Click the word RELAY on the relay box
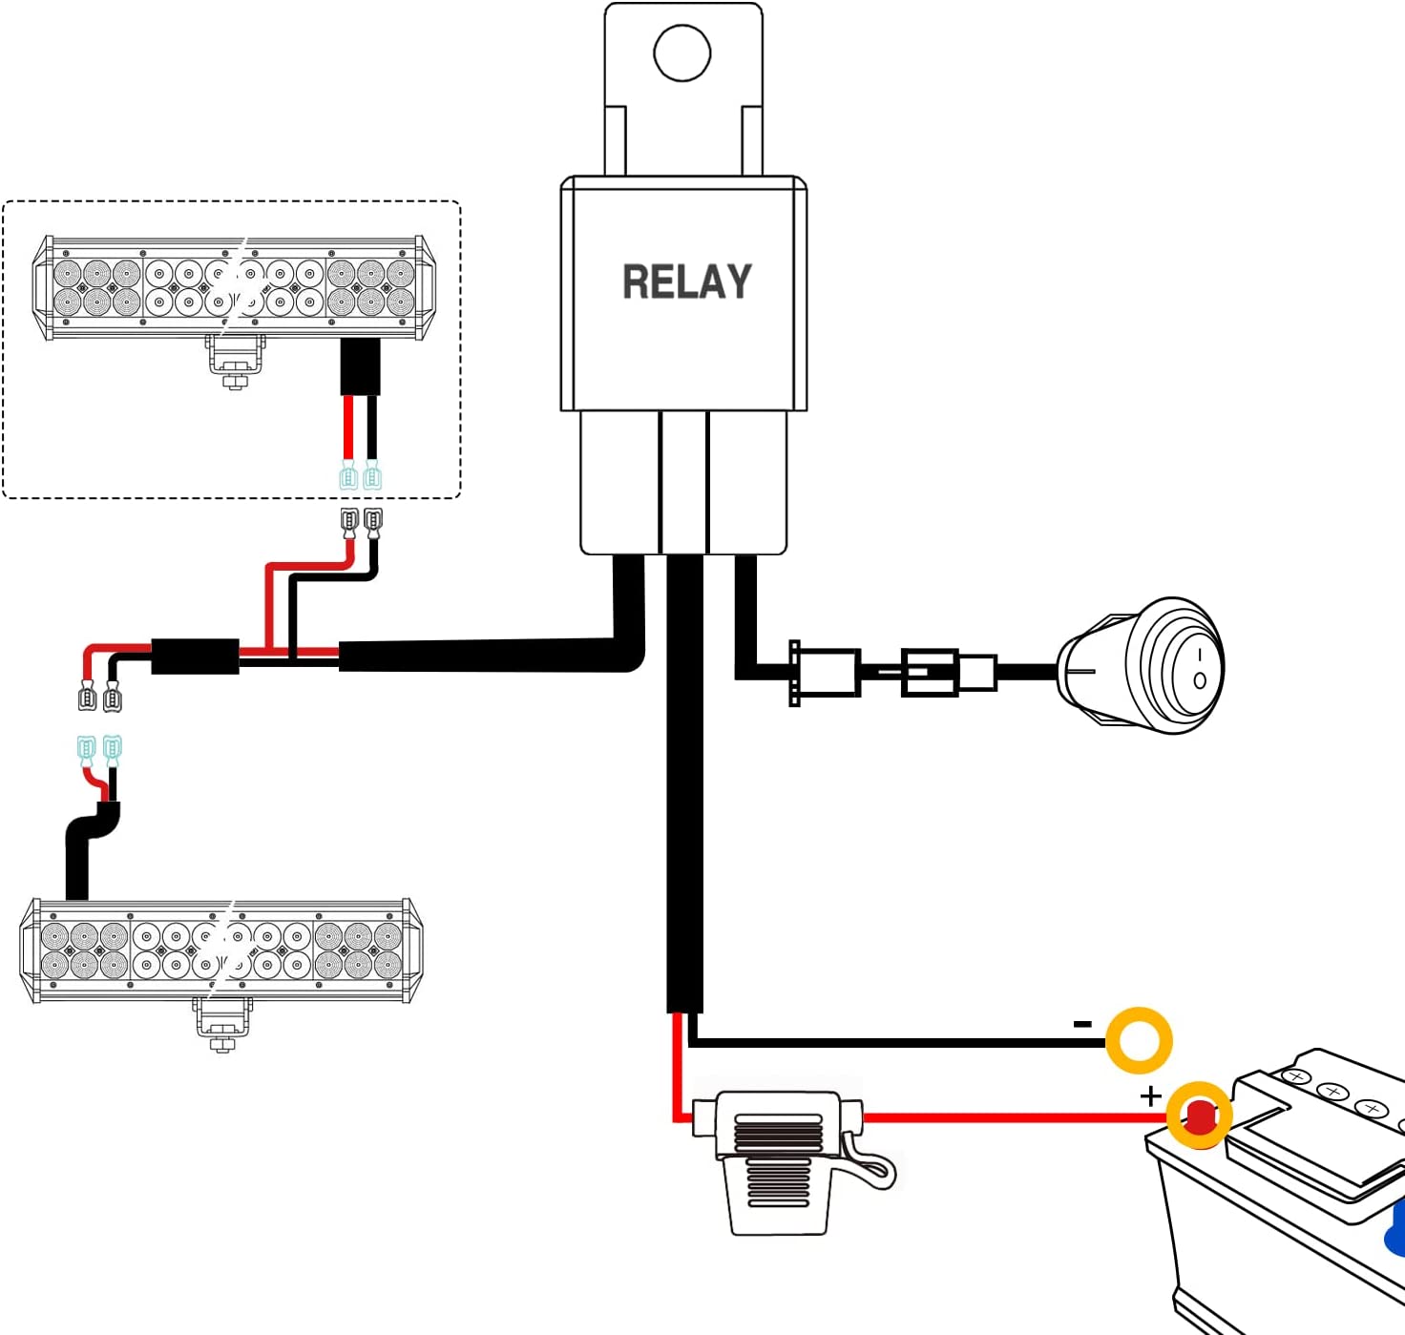[x=687, y=282]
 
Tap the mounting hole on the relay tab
[x=682, y=52]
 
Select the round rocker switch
[x=1145, y=666]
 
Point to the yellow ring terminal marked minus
[x=1139, y=1039]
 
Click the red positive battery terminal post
[x=1199, y=1115]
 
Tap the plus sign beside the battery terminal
[x=1151, y=1096]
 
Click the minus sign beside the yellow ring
[x=1082, y=1024]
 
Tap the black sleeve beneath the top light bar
[x=361, y=366]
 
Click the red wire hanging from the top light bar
[x=348, y=429]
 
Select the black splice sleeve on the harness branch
[x=195, y=657]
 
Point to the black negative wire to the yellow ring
[x=897, y=1041]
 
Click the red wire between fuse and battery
[x=1002, y=1116]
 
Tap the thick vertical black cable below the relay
[x=684, y=782]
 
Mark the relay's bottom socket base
[x=683, y=482]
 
